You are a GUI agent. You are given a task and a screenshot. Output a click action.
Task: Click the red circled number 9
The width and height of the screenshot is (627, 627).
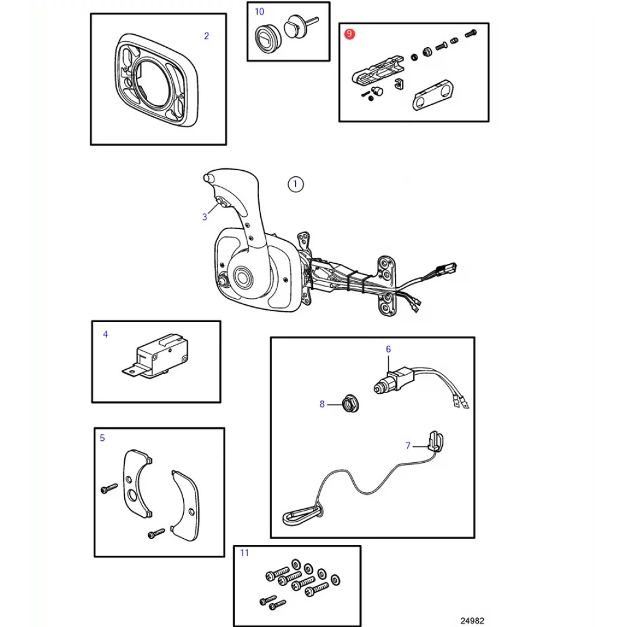click(350, 34)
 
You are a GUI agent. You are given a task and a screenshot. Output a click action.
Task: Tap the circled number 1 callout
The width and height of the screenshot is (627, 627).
click(296, 184)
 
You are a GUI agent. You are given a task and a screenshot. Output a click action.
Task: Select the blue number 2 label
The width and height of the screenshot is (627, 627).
click(206, 36)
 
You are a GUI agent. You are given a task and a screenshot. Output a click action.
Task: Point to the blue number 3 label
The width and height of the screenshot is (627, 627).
click(205, 217)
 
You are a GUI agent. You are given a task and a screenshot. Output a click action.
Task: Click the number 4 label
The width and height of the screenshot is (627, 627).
click(105, 334)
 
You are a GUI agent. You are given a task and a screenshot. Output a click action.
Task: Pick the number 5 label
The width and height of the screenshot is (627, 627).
click(102, 438)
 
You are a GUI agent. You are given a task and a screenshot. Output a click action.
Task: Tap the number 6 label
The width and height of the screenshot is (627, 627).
click(388, 349)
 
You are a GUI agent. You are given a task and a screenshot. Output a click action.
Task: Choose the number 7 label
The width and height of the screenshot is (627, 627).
click(408, 446)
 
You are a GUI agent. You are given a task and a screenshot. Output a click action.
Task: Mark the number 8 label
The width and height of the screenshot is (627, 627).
click(322, 404)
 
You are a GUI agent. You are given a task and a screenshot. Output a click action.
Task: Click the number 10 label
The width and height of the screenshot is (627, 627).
click(260, 12)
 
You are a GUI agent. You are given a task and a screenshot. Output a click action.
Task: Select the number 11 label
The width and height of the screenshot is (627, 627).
click(244, 553)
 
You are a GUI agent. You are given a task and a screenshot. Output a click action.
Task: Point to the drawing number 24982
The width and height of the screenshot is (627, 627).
click(472, 621)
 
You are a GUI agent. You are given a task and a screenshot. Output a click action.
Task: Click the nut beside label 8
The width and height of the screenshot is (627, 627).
click(351, 404)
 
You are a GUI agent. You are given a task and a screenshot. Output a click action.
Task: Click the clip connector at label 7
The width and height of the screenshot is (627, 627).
click(435, 441)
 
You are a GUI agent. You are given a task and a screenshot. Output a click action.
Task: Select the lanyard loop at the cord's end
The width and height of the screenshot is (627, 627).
click(303, 516)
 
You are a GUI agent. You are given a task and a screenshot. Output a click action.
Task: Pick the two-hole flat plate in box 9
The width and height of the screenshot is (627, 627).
click(434, 94)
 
